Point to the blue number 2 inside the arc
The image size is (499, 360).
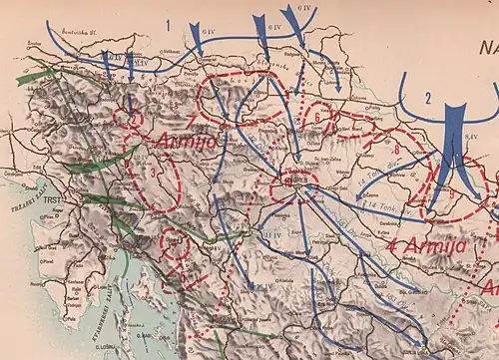click(426, 97)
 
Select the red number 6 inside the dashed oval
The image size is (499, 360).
click(317, 116)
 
